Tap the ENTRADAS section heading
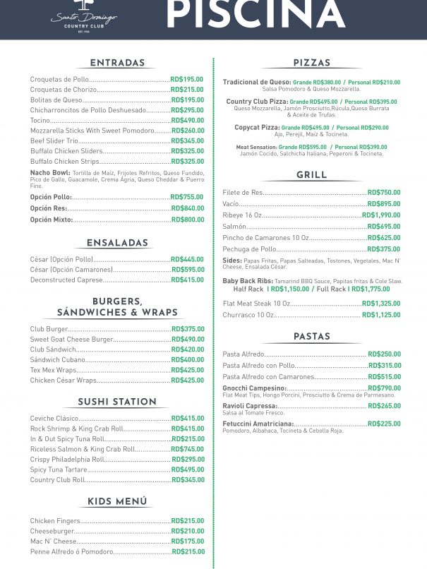click(x=117, y=63)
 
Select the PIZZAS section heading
click(x=311, y=63)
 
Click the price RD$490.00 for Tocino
click(x=187, y=121)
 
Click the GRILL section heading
click(x=311, y=175)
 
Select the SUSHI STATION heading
click(x=117, y=402)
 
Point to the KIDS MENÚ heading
click(x=117, y=502)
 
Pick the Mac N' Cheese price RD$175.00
click(x=188, y=541)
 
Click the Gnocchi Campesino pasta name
click(x=253, y=388)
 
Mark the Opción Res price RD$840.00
click(x=187, y=208)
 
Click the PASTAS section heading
click(x=311, y=337)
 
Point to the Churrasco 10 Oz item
click(x=248, y=315)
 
